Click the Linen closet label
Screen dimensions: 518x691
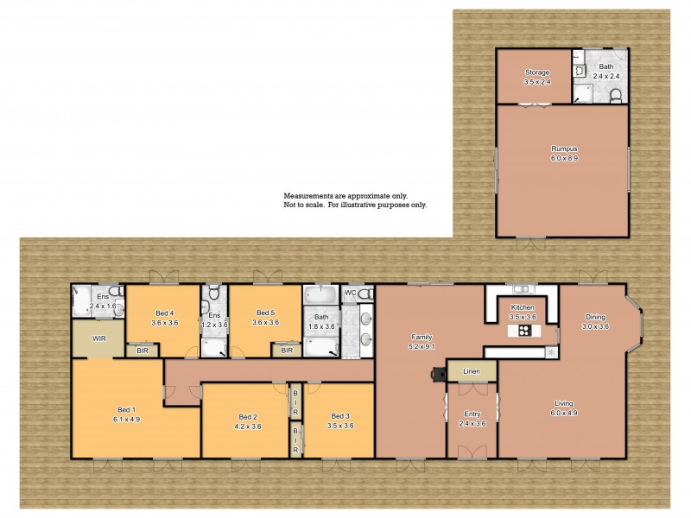471,371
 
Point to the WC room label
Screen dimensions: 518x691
350,294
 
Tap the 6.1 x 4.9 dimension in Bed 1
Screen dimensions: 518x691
126,420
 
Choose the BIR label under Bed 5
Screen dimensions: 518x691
287,351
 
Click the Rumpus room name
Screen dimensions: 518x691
563,148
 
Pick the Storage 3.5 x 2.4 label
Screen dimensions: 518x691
536,77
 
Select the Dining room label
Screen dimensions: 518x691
595,316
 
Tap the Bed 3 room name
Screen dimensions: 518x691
339,415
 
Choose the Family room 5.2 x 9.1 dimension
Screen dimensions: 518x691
422,346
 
